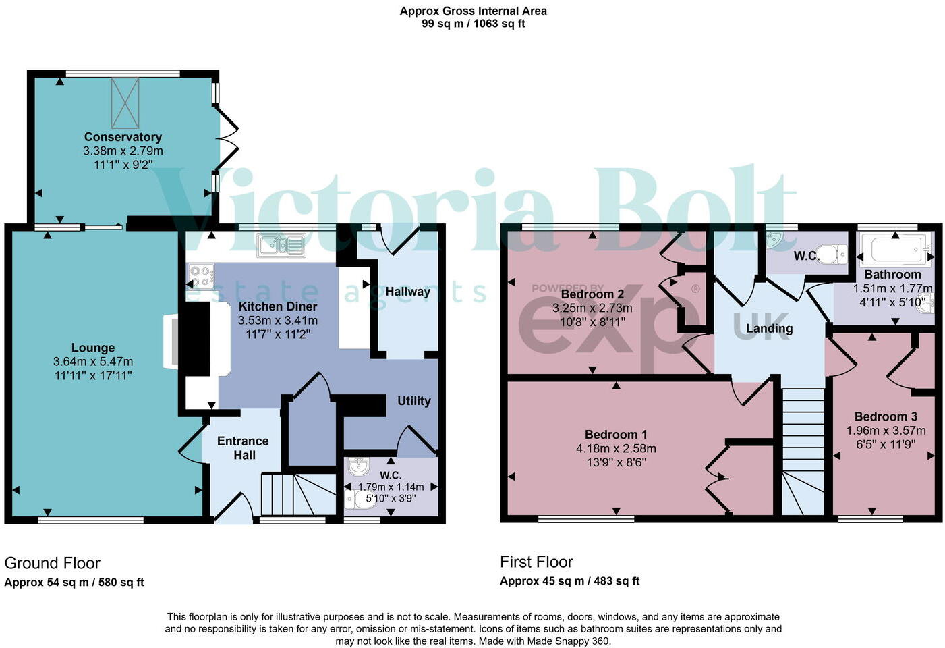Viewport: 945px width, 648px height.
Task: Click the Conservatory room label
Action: point(123,137)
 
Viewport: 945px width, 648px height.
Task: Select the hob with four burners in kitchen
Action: point(201,275)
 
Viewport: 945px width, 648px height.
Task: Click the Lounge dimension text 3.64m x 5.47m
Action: point(93,362)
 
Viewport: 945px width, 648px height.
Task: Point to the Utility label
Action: point(413,400)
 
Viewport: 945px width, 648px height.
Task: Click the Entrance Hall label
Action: point(243,448)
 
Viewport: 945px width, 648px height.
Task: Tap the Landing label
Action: point(769,329)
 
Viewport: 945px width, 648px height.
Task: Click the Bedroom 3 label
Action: point(886,416)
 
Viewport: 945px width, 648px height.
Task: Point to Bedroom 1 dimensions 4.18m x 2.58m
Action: point(616,448)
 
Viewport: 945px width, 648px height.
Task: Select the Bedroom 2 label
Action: point(592,294)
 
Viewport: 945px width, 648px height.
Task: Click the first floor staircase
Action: point(803,446)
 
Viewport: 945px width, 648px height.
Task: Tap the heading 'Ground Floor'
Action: point(52,563)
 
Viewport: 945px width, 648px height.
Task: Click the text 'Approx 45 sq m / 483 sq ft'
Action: point(569,580)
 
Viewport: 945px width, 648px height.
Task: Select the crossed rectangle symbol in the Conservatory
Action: point(125,103)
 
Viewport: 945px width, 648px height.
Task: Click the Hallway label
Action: point(407,292)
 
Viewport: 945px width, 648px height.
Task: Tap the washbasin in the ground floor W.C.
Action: point(358,466)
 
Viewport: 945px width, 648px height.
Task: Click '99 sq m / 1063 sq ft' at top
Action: point(473,24)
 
